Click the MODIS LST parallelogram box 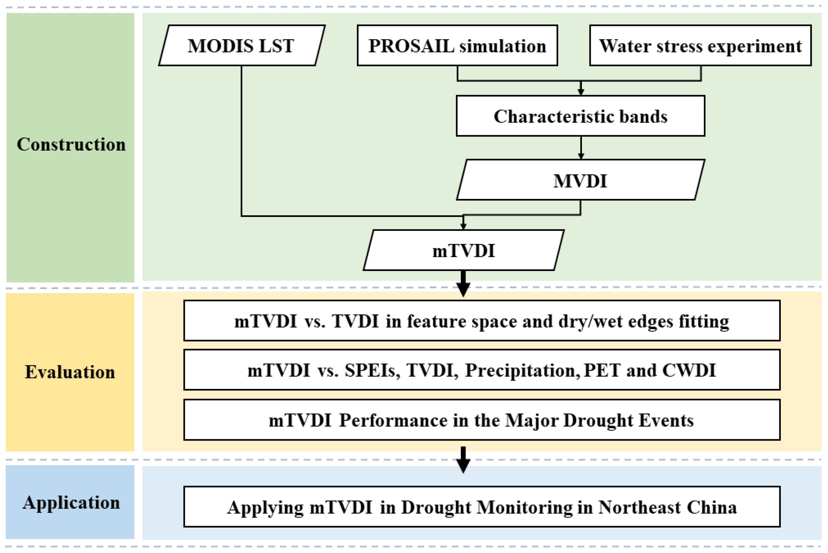pos(241,45)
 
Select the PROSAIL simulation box pos(457,45)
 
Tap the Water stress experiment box pos(700,45)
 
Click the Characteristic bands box pos(580,116)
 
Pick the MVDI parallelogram pos(580,181)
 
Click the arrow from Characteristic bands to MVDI pos(581,148)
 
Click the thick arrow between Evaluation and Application pos(463,460)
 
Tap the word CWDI pos(689,370)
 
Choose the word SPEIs pos(372,370)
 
